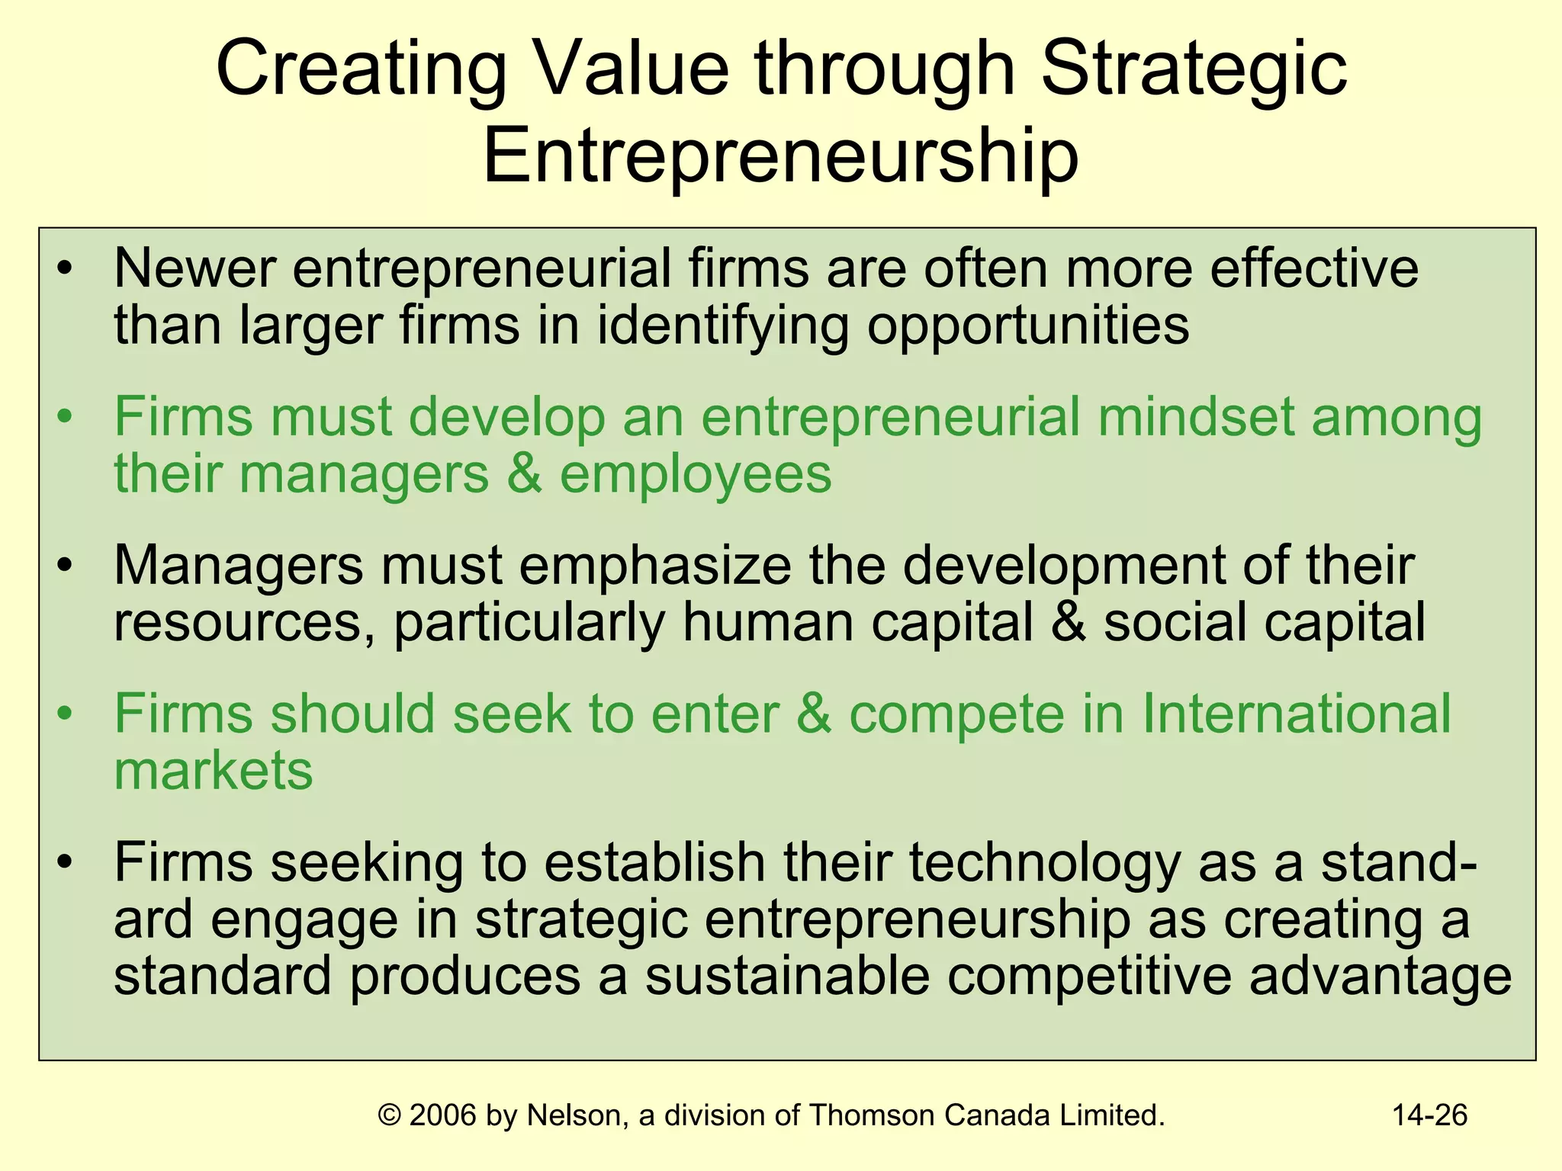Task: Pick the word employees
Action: pyautogui.click(x=695, y=474)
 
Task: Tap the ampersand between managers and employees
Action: pyautogui.click(x=524, y=474)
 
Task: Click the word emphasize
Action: pyautogui.click(x=655, y=566)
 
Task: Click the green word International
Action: pyautogui.click(x=1296, y=714)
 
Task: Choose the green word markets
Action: pyautogui.click(x=214, y=771)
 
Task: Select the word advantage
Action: pyautogui.click(x=1380, y=977)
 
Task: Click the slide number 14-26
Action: pyautogui.click(x=1429, y=1115)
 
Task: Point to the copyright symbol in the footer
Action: pyautogui.click(x=390, y=1115)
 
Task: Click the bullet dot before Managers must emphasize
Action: pyautogui.click(x=66, y=566)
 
